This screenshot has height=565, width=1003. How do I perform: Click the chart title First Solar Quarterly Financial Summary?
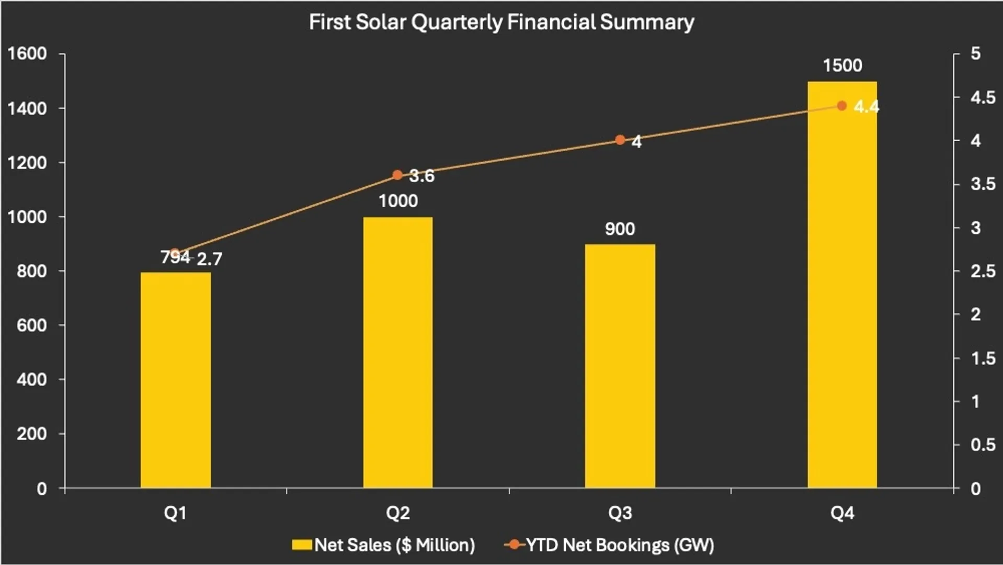pos(501,22)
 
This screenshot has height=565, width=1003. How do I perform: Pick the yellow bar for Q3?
pos(620,366)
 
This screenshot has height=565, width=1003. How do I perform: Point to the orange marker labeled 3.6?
pos(397,175)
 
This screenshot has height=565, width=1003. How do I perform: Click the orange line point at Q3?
pos(620,140)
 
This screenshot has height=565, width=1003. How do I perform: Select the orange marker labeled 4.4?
pos(841,106)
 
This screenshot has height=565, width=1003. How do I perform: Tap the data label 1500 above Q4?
pos(842,65)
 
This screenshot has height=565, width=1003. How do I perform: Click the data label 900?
pos(620,229)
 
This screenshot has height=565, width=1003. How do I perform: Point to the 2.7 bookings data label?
pos(210,259)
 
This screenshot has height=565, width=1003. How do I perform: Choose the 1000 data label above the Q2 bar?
pos(398,201)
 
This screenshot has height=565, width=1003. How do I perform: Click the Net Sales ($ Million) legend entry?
pos(384,545)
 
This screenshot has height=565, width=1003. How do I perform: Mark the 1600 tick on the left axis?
pos(27,53)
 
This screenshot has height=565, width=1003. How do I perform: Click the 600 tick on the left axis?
pos(31,325)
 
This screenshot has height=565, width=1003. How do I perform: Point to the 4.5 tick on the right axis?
pos(983,97)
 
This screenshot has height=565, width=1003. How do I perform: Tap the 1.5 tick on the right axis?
pos(983,358)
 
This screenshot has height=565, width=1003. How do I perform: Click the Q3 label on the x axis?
pos(620,513)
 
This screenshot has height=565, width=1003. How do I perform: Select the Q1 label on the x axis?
pos(176,513)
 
